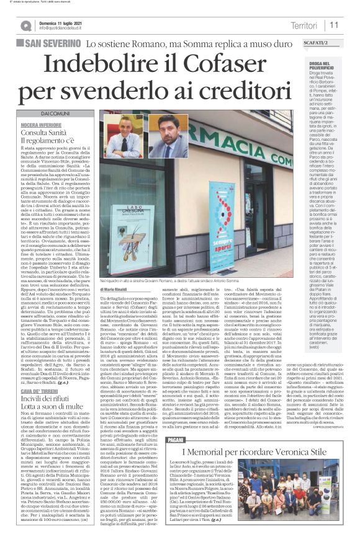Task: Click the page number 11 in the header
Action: [334, 24]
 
